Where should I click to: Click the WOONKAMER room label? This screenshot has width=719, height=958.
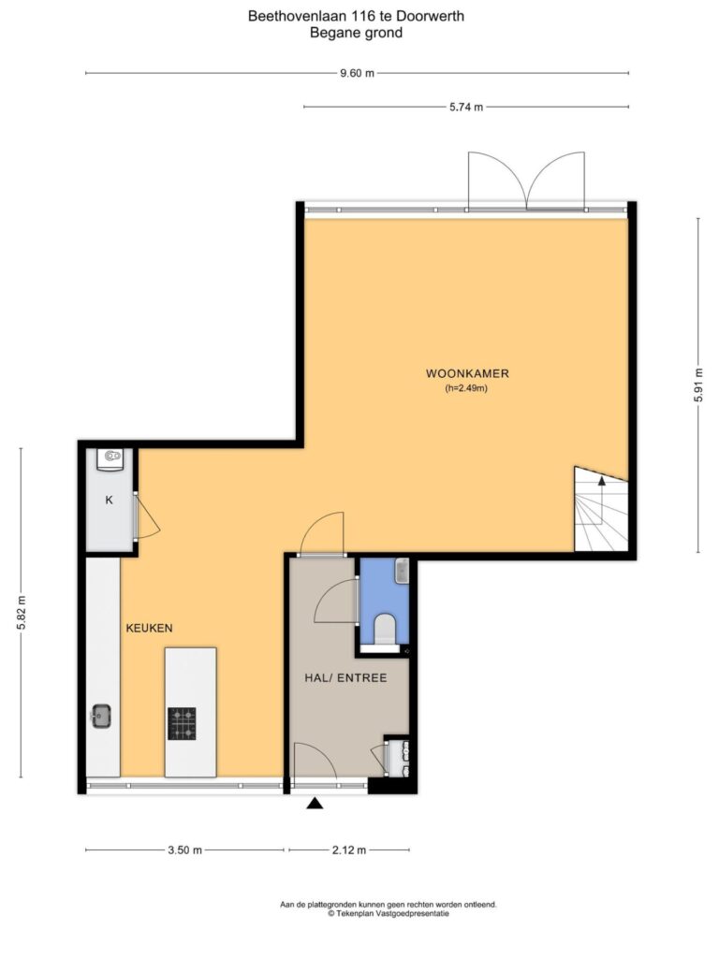tap(467, 373)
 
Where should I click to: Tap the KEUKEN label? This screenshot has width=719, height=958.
tap(149, 628)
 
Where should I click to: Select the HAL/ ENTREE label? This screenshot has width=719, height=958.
tap(345, 677)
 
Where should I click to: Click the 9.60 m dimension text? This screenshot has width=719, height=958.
tap(357, 73)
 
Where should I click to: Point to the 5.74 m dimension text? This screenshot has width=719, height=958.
tap(466, 107)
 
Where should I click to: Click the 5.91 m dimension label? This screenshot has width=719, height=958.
tap(698, 386)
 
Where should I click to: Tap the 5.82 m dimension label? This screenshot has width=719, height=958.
tap(21, 613)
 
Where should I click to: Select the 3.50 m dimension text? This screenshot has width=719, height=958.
tap(184, 849)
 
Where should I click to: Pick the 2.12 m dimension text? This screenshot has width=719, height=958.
tap(349, 849)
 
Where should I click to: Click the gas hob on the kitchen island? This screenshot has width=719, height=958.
tap(183, 723)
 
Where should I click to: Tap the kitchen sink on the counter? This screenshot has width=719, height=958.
tap(101, 716)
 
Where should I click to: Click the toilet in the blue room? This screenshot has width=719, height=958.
tap(385, 629)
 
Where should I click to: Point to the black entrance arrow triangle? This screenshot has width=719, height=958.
tap(315, 803)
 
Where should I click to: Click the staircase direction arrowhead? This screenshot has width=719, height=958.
tap(602, 481)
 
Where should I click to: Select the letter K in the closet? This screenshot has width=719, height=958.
tap(110, 500)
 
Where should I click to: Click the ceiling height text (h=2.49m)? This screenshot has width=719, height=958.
tap(466, 388)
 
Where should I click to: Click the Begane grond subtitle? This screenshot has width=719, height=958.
tap(356, 33)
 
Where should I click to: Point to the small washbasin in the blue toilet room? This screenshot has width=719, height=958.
tap(402, 571)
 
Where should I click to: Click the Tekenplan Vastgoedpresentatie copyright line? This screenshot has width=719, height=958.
tap(389, 914)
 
